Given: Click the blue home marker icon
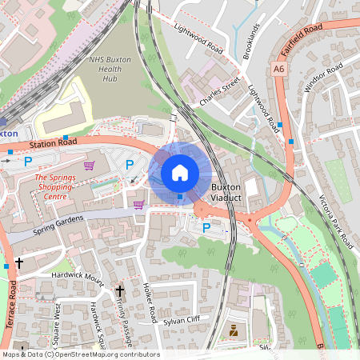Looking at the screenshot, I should tap(180, 172).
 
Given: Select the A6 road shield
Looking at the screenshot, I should tap(278, 70).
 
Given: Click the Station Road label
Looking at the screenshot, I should tap(53, 145).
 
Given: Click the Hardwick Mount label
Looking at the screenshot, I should tap(78, 278).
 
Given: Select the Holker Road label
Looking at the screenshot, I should tap(148, 303).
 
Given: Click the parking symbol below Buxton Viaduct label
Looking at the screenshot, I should tap(206, 228).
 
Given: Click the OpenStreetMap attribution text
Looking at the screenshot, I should tap(80, 354).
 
